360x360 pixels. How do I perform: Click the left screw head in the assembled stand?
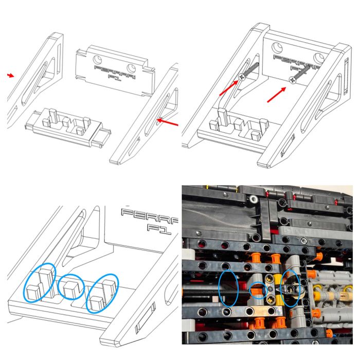pos(242,77)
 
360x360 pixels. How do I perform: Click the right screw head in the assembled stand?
pos(293,80)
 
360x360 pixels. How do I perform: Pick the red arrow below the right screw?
pos(277,94)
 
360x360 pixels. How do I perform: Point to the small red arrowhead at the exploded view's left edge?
pos(10,75)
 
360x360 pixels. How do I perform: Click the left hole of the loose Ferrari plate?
pos(97,60)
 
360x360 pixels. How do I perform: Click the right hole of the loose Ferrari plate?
pos(131,68)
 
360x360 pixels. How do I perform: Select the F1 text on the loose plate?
pos(114,78)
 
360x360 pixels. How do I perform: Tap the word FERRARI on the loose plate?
pos(115,72)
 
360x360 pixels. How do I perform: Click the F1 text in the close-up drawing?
pos(159,229)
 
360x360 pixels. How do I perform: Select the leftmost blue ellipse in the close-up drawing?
pos(40,282)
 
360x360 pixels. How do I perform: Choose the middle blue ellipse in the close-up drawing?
pos(71,287)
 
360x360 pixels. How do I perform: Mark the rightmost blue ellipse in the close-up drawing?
pos(102,293)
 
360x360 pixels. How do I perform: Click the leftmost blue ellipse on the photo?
pos(228,288)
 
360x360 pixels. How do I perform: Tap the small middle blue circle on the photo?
pos(259,291)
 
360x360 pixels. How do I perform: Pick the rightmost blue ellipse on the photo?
pos(291,289)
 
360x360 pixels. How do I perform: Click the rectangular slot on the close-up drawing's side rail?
pos(146,317)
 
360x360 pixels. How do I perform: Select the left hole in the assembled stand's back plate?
pos(277,47)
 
